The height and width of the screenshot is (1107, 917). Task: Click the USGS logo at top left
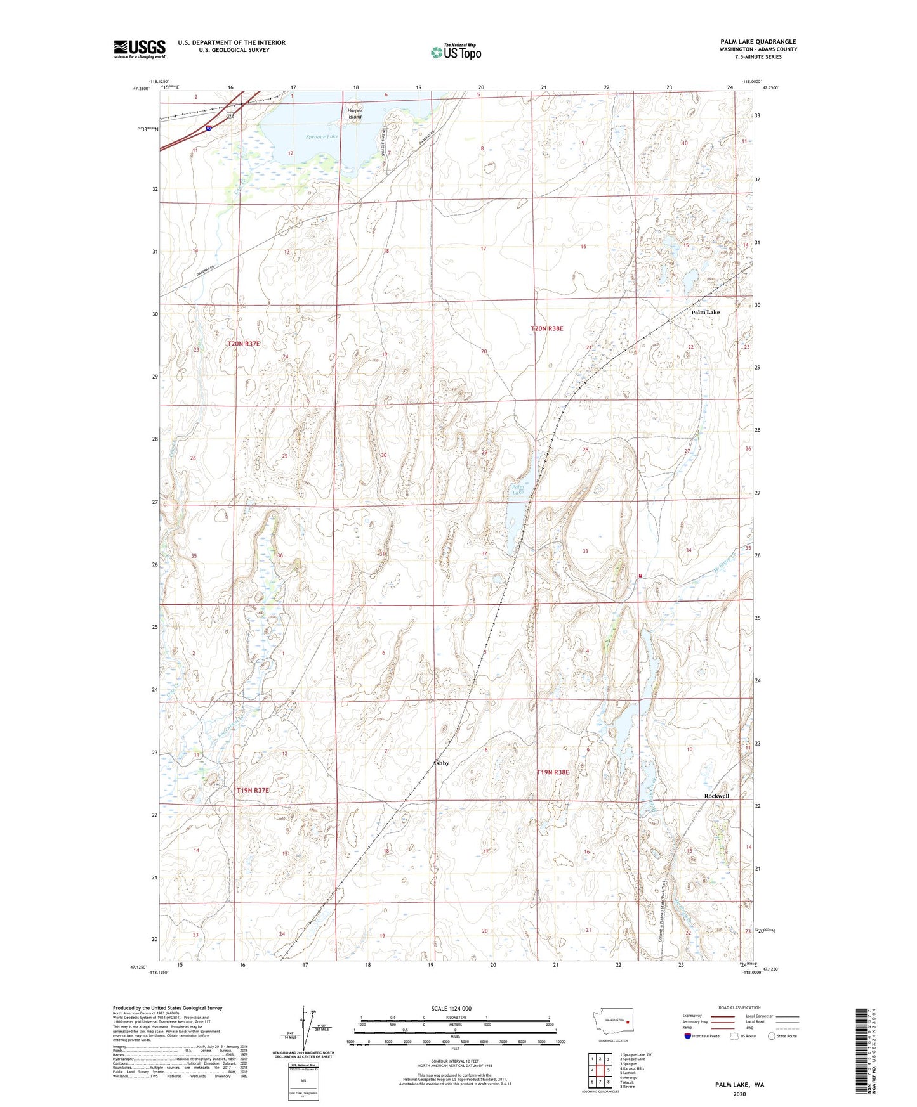(140, 48)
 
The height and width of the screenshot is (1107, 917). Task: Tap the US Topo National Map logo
(456, 52)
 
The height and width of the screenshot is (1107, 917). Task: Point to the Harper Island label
(355, 113)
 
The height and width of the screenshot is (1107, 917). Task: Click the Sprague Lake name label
(322, 136)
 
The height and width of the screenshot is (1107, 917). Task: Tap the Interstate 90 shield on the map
(209, 128)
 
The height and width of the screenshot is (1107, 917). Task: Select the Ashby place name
(441, 763)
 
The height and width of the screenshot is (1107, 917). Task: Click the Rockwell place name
(716, 796)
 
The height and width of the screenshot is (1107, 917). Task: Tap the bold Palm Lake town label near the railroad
(705, 313)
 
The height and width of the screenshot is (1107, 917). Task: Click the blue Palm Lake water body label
(518, 489)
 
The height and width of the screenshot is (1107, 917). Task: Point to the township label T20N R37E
(244, 344)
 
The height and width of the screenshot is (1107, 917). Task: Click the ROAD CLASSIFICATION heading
(739, 1007)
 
